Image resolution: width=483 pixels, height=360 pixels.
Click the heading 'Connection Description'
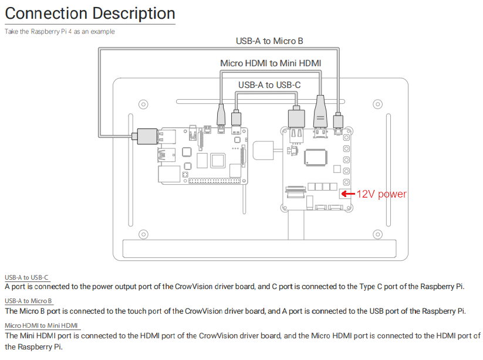(90, 13)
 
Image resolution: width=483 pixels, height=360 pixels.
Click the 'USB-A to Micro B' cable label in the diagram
(269, 41)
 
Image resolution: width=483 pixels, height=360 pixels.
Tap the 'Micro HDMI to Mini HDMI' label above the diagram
(271, 63)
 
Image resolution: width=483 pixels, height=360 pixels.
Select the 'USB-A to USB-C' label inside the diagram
(269, 85)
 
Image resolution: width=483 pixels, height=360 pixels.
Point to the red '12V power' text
(382, 194)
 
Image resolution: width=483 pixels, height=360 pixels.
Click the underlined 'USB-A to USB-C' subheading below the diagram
(27, 277)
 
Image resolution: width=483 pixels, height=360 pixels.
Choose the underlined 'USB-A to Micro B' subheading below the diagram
(29, 301)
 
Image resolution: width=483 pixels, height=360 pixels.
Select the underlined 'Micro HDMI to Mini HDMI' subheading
(41, 325)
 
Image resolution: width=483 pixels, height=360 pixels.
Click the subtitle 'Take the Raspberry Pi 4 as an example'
(59, 32)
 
